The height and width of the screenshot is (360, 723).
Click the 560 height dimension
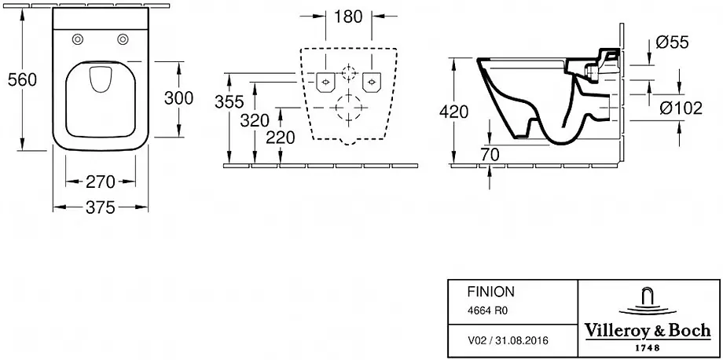22,80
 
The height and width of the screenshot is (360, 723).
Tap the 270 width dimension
101,182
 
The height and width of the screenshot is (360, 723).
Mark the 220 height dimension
280,138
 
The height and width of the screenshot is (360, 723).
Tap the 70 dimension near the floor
490,154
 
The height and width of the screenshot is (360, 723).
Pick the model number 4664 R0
479,310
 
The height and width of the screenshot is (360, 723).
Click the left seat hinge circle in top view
78,40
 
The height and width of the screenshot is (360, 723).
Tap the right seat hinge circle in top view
123,40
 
